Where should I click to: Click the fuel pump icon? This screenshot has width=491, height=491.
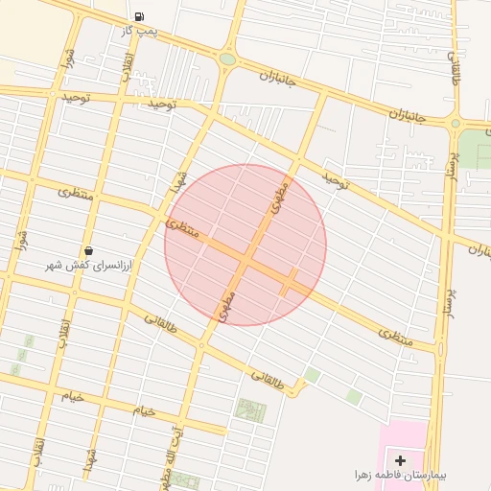coord(140,17)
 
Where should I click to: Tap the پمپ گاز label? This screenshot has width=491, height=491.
coord(139,32)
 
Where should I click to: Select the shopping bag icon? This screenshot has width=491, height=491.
coord(89,250)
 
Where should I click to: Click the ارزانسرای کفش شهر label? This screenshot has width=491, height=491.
coord(91,264)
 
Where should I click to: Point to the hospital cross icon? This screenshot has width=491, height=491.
coord(400,461)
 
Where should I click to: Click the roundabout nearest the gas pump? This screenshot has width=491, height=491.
coord(227,59)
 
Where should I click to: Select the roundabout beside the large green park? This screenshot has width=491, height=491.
coord(455,123)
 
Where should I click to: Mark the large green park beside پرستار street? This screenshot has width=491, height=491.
coord(474,148)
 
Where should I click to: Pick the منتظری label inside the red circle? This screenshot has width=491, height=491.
coord(182,229)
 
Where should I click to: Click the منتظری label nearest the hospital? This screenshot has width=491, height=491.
coord(394,336)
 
